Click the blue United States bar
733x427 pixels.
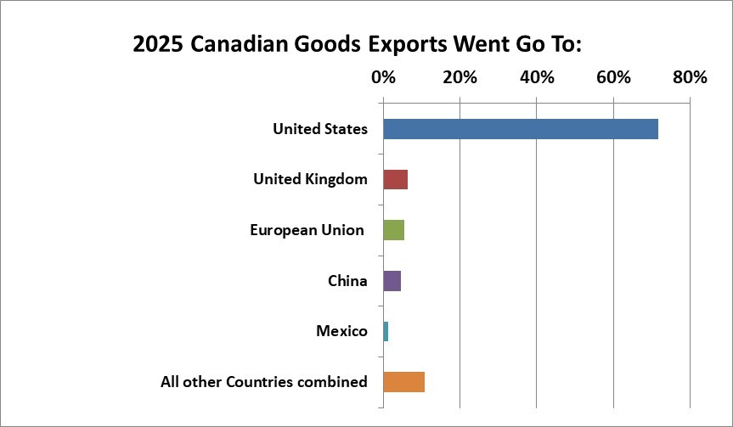[x=521, y=129]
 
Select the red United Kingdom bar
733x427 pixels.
[x=396, y=179]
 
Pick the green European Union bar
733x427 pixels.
[x=394, y=230]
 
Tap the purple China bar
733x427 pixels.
[x=392, y=280]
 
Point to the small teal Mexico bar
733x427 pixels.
[x=386, y=331]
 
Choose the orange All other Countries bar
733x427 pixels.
[x=404, y=382]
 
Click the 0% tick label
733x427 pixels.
[x=383, y=77]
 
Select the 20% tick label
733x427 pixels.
[x=460, y=77]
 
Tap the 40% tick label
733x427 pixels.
[x=537, y=77]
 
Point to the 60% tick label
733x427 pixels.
[x=613, y=77]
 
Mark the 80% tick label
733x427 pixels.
[x=690, y=77]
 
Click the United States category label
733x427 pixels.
[x=320, y=129]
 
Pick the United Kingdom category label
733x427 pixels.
[x=310, y=179]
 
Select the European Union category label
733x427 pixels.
[x=307, y=230]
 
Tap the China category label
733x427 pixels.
[x=347, y=280]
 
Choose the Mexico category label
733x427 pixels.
[x=341, y=331]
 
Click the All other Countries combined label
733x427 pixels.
[x=264, y=382]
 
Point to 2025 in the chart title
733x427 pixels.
[x=157, y=44]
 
